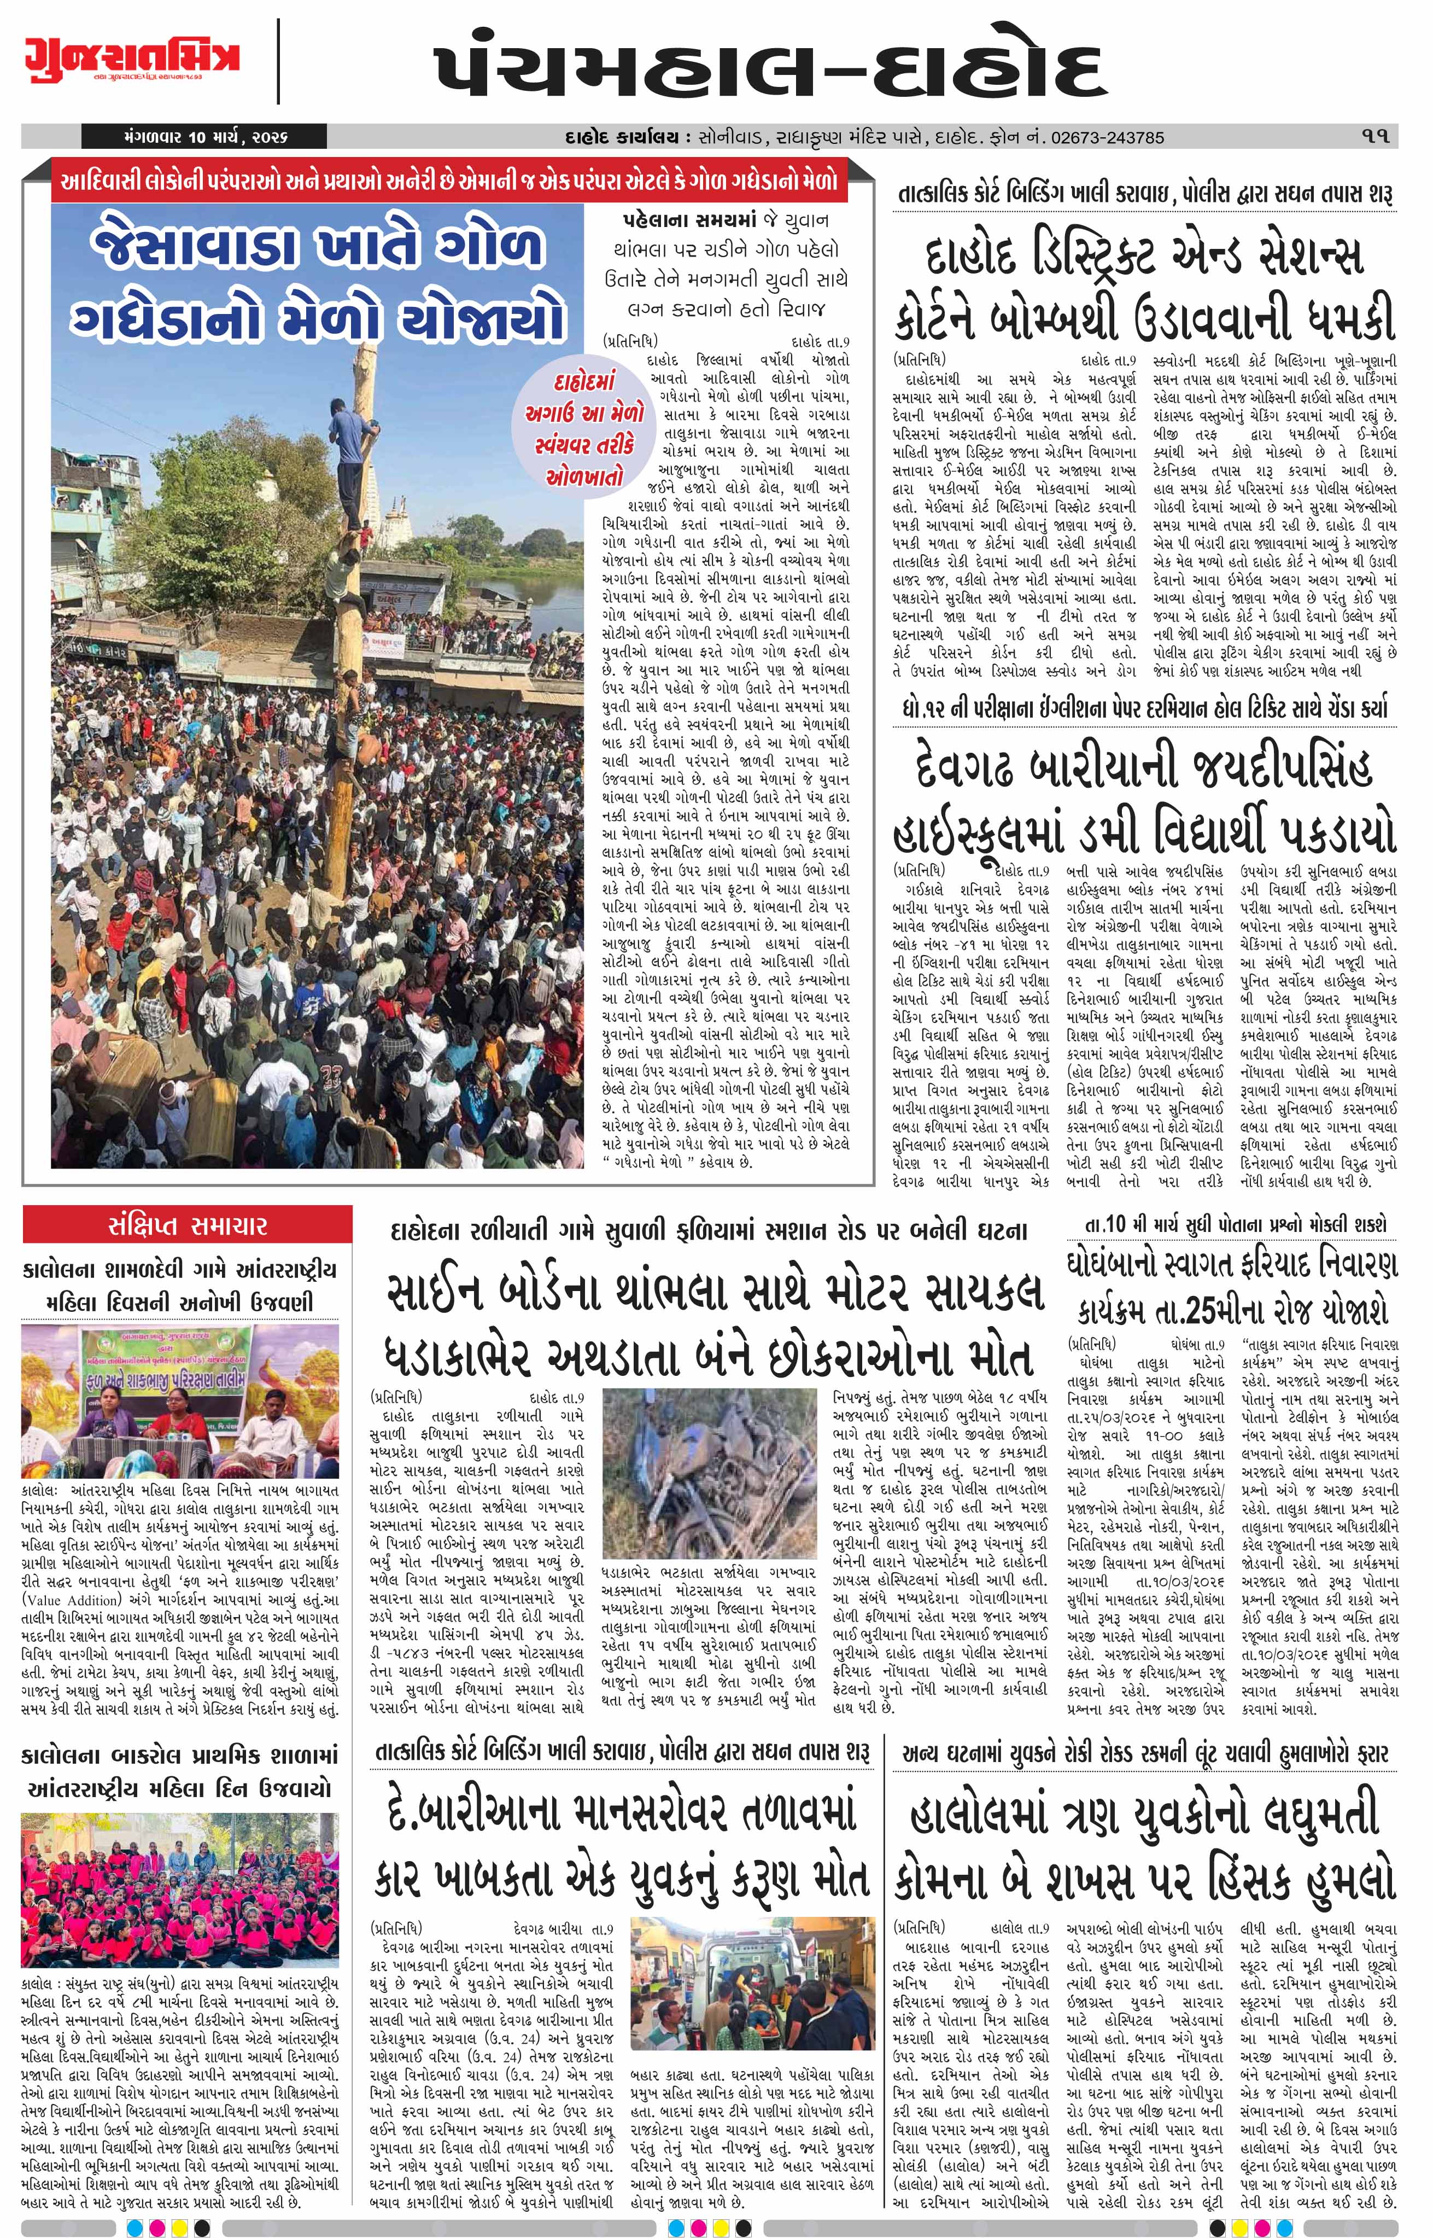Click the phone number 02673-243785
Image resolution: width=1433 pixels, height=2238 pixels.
[1107, 137]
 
